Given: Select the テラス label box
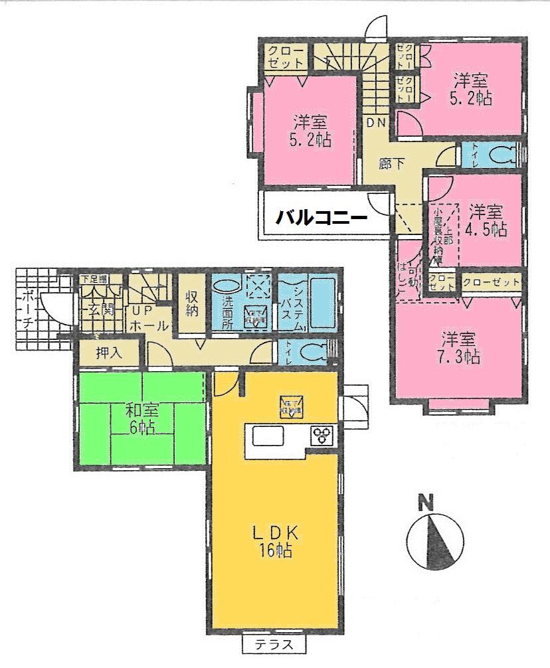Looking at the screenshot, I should point(273,643).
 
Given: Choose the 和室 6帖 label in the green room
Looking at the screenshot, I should point(141,418).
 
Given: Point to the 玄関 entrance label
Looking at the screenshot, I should point(98,309).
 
